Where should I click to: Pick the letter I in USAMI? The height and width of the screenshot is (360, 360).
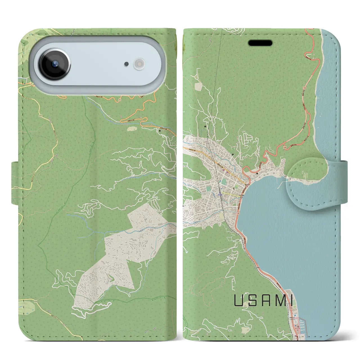tap(291, 301)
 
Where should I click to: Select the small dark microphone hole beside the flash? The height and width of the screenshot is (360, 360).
tap(127, 64)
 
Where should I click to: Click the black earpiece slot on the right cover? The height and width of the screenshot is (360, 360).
tap(260, 43)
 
